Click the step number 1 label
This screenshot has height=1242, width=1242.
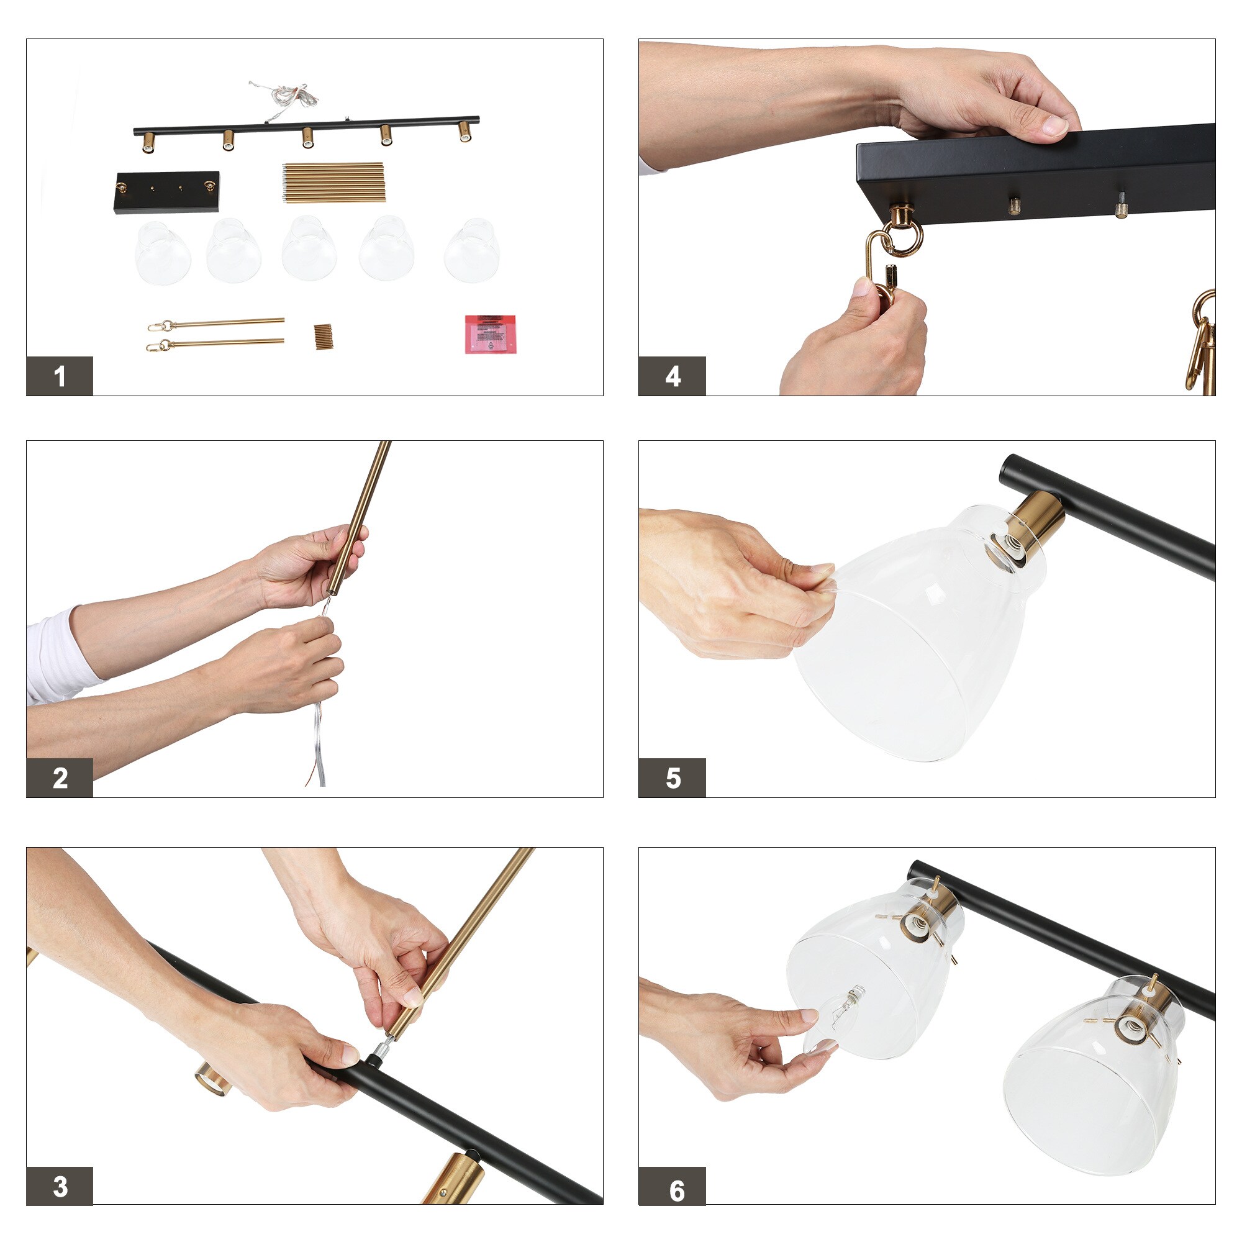[x=60, y=376]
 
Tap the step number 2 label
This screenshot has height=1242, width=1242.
[x=60, y=778]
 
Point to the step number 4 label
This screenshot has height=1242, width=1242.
[x=673, y=376]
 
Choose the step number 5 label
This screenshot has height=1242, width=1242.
[x=673, y=778]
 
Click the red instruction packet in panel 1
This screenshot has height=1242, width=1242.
[x=491, y=333]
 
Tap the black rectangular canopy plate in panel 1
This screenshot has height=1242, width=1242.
[x=167, y=193]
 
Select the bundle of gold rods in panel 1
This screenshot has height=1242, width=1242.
[x=332, y=183]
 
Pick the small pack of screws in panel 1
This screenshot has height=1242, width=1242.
[x=324, y=337]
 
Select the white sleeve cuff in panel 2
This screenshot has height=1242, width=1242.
[x=61, y=653]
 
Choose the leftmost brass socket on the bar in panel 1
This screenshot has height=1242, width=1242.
[x=148, y=142]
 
